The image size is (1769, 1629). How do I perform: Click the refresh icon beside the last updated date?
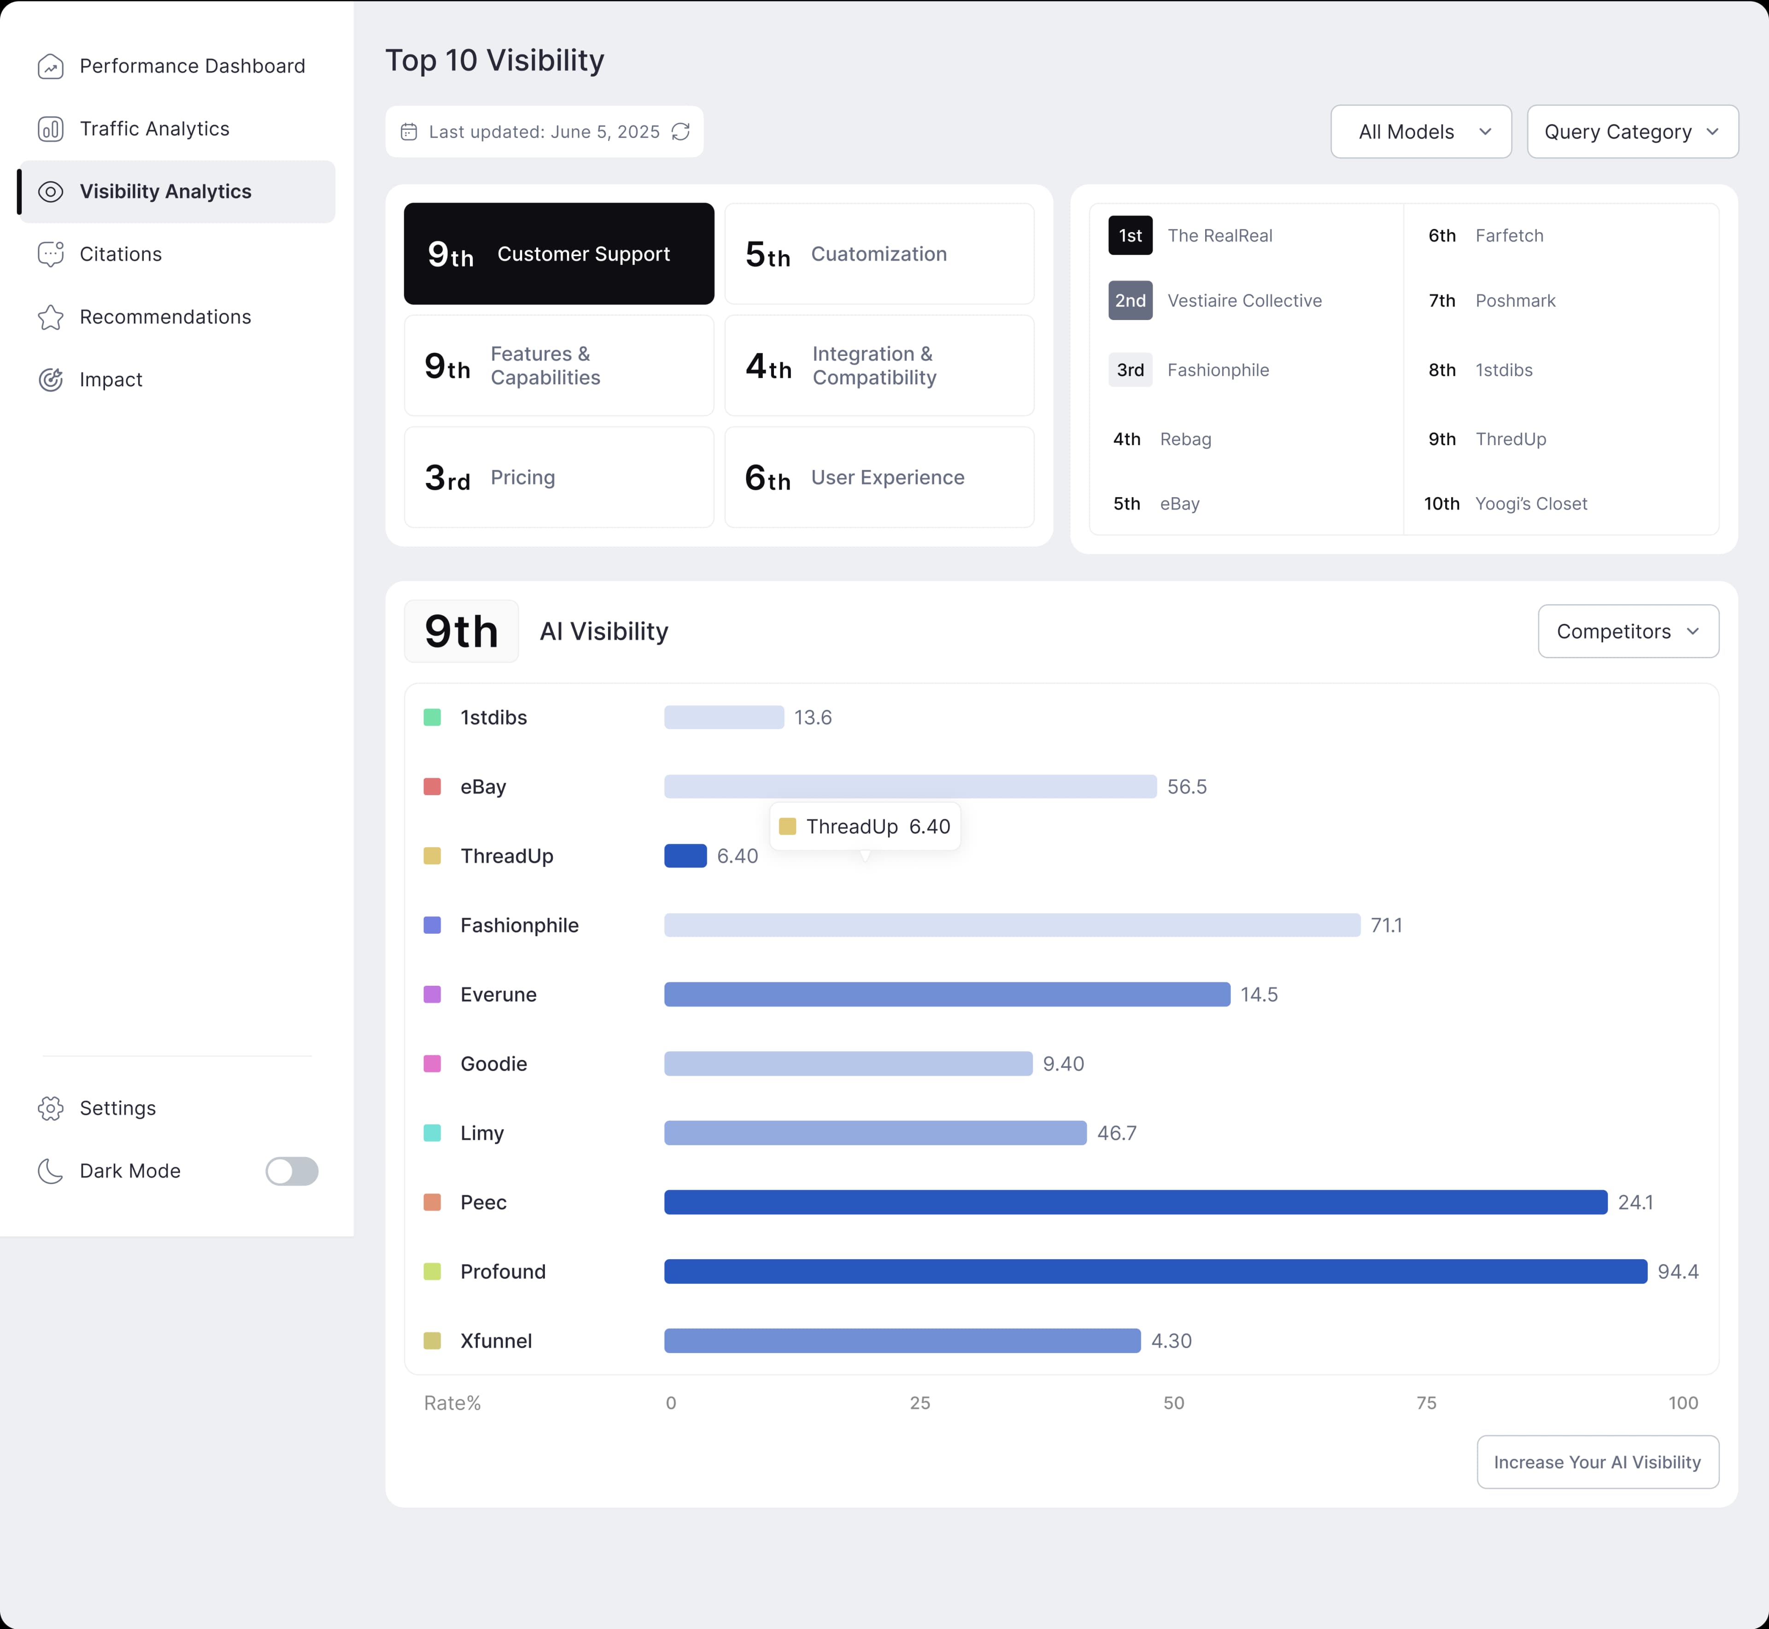(x=681, y=131)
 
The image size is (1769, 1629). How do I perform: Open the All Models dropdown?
(x=1421, y=131)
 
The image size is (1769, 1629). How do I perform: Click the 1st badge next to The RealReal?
(x=1130, y=235)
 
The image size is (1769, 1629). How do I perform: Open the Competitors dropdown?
(x=1628, y=631)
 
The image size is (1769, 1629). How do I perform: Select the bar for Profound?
(x=1155, y=1271)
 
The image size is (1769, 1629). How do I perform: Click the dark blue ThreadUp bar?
(x=685, y=856)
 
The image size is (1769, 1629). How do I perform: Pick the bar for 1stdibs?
(x=724, y=717)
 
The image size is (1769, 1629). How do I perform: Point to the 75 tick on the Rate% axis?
(x=1426, y=1402)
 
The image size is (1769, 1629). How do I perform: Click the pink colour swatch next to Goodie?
(x=432, y=1064)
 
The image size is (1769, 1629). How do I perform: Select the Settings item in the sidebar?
(x=117, y=1108)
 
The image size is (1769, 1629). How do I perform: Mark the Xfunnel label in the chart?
(x=496, y=1341)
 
